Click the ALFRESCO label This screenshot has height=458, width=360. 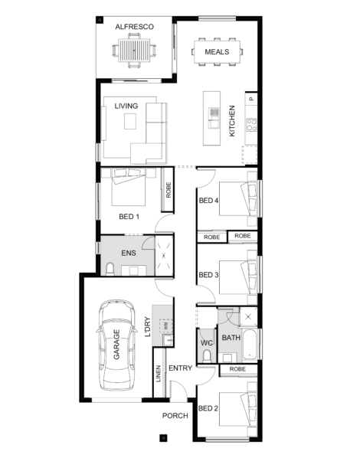134,27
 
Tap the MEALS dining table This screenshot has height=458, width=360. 217,52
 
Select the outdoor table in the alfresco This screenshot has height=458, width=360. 134,51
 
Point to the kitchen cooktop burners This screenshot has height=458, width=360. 251,125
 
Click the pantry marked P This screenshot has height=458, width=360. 251,99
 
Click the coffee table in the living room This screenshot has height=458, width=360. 130,121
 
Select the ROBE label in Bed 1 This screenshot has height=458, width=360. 169,190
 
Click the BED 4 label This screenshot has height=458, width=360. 208,201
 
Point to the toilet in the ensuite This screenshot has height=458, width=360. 110,269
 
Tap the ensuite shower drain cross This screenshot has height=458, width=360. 164,256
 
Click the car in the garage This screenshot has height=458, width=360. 116,345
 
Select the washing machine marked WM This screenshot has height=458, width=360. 166,326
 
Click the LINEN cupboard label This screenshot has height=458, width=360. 159,374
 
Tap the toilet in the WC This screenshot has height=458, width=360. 207,356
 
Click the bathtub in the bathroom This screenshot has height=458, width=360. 250,345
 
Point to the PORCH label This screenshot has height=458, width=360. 175,416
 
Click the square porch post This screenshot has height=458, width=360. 163,438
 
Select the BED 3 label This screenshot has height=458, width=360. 208,275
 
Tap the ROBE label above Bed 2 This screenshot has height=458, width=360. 237,369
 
